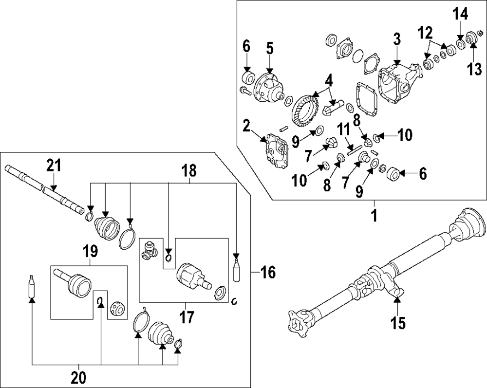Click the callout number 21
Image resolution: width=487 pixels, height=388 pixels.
click(x=54, y=166)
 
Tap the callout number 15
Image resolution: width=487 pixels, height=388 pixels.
click(x=398, y=323)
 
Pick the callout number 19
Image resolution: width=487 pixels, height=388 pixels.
click(x=90, y=251)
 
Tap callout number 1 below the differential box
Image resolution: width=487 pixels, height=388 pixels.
click(x=374, y=215)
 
